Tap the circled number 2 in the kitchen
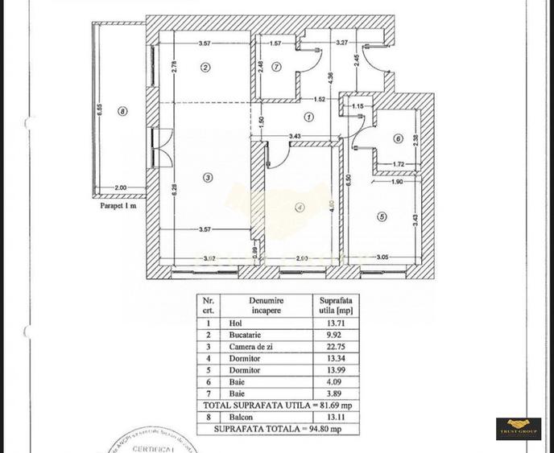coord(206,68)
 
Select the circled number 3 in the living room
coord(208,178)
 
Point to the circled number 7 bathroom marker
coord(275,67)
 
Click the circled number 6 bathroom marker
coord(397,138)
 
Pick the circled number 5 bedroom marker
coord(382,216)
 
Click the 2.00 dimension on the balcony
coord(120,187)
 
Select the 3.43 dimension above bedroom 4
coord(296,136)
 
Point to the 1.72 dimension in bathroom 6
coord(398,165)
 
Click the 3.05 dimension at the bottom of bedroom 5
coord(383,257)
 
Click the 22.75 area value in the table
coord(332,347)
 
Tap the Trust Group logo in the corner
coord(518,426)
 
